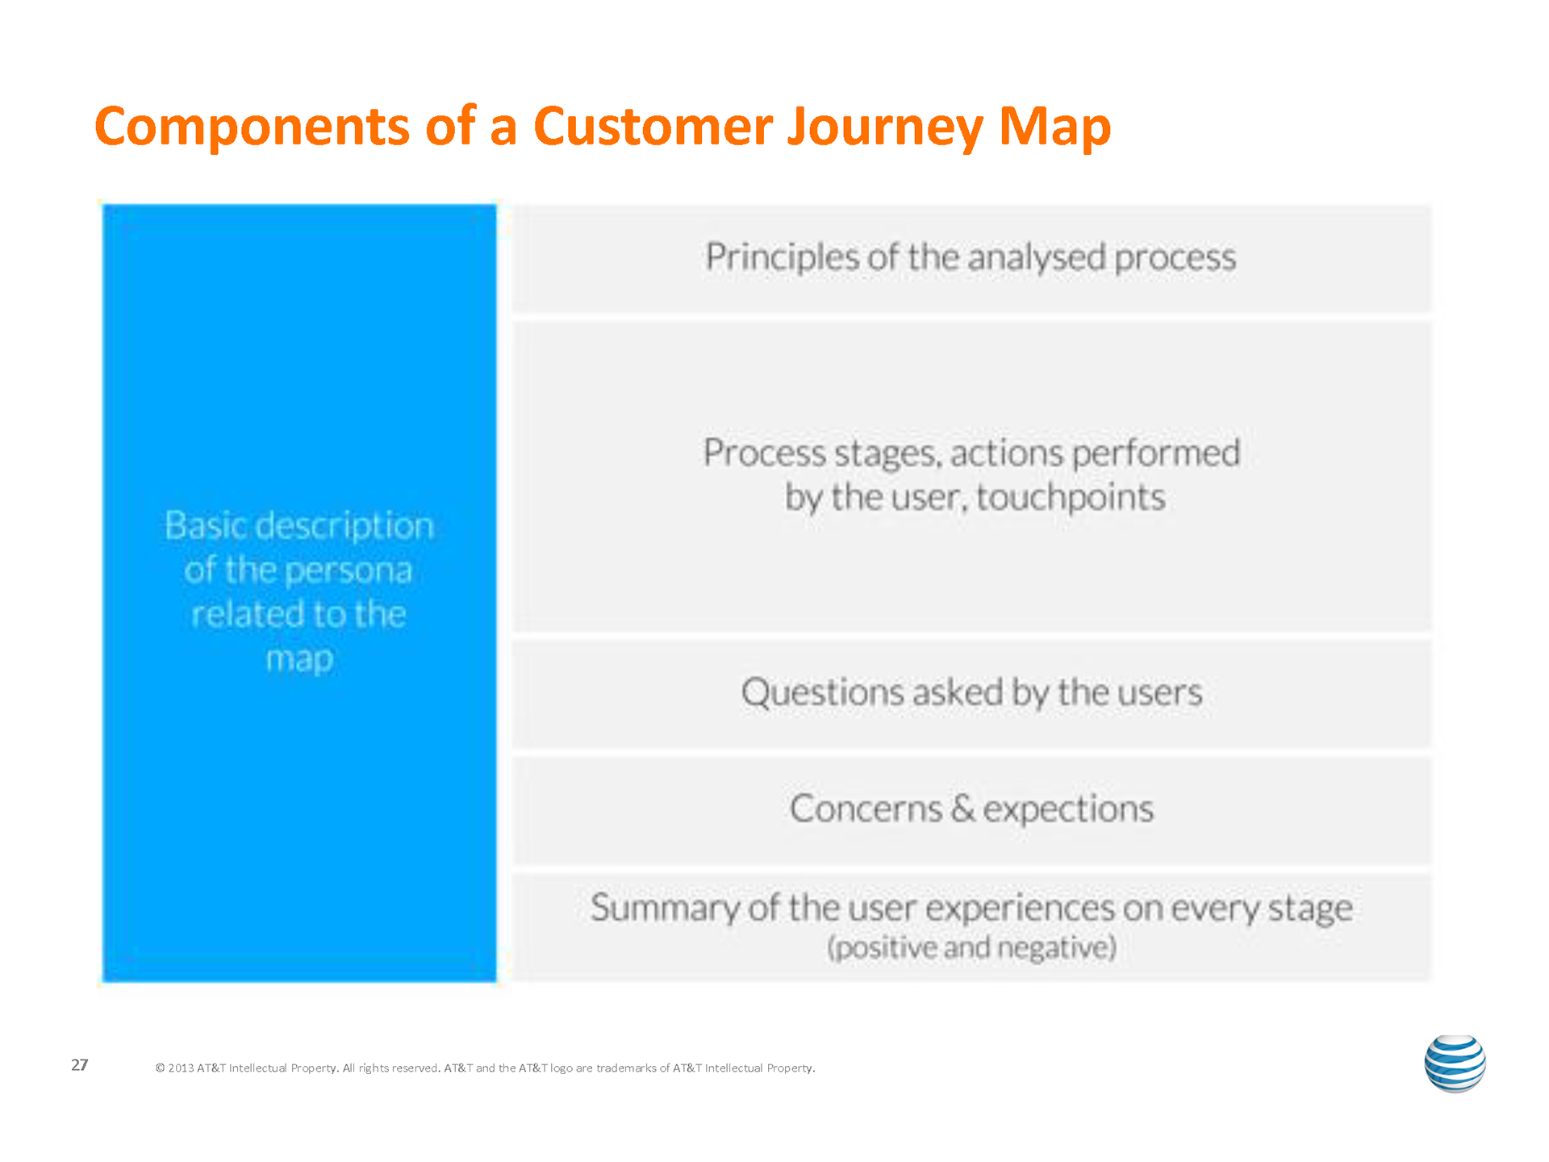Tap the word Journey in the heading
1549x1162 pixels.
point(885,127)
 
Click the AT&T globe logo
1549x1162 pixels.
point(1455,1064)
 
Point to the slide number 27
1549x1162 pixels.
point(79,1065)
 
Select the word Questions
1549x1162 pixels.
point(822,692)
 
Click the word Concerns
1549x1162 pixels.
point(866,809)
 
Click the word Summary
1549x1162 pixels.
point(665,908)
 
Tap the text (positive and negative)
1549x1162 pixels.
point(971,947)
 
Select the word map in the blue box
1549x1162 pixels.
point(299,659)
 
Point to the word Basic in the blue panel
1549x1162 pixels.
point(206,526)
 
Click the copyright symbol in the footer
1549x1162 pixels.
point(160,1068)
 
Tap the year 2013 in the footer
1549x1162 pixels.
point(181,1068)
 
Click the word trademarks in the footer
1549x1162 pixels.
point(626,1068)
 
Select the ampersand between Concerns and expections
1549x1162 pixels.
point(962,809)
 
